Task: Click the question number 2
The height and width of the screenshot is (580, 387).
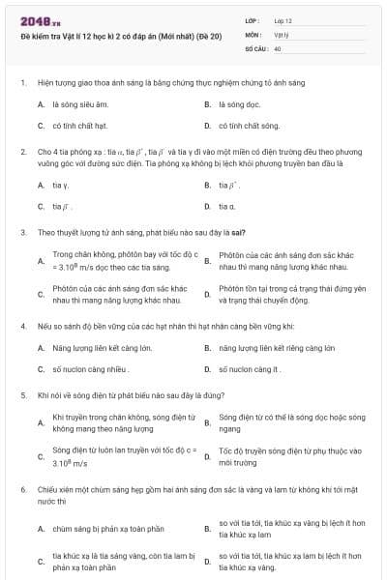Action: point(22,153)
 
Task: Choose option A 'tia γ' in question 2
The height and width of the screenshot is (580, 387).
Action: point(61,185)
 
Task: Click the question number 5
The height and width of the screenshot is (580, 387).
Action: point(22,395)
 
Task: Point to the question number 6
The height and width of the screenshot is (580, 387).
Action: point(22,491)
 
